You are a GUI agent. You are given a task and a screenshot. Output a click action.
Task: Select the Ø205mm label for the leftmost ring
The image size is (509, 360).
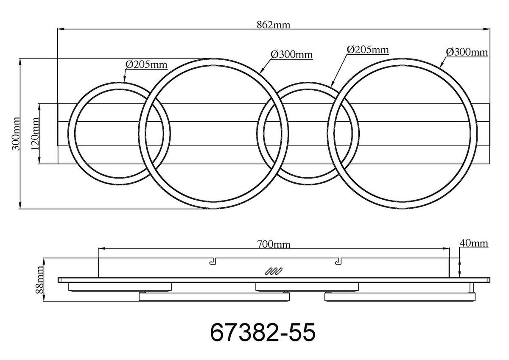146,64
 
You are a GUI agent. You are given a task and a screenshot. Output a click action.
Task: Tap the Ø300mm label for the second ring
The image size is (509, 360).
291,55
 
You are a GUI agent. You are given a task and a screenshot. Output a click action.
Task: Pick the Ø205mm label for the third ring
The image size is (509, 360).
367,50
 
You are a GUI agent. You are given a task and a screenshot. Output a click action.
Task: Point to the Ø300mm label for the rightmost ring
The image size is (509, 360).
466,52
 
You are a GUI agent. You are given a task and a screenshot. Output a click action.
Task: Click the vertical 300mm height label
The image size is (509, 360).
16,134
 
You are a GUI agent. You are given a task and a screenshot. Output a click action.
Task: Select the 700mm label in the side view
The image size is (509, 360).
274,244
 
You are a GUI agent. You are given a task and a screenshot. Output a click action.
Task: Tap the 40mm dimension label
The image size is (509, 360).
473,243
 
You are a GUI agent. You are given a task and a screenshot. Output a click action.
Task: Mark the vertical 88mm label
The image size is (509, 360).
40,280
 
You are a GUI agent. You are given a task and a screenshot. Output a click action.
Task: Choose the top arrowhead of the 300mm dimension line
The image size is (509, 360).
20,61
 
